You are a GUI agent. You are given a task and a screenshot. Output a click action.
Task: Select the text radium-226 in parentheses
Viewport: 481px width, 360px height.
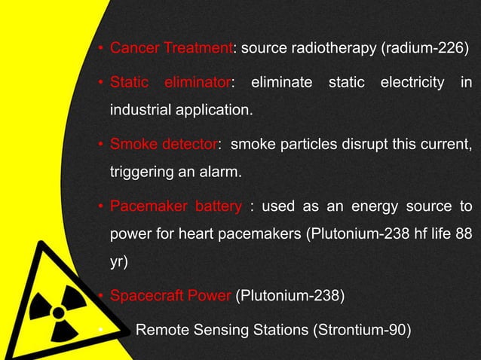pos(428,50)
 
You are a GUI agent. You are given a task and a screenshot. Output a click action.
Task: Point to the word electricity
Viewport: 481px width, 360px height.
pos(412,81)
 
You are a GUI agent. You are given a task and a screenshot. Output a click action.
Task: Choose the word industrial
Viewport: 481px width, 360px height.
pos(142,111)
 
